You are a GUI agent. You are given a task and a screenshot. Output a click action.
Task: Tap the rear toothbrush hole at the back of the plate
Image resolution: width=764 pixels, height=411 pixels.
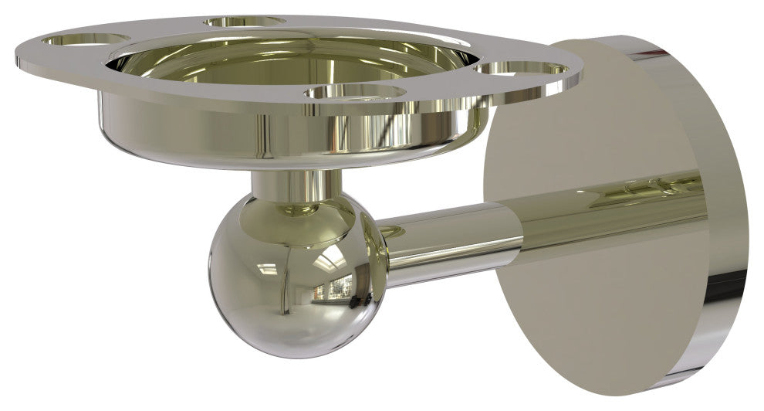(x=245, y=21)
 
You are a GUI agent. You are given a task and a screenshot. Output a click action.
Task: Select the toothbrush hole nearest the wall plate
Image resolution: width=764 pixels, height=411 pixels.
(x=522, y=70)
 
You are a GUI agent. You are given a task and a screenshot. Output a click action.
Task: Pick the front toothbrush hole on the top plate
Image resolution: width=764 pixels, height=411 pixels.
(x=355, y=92)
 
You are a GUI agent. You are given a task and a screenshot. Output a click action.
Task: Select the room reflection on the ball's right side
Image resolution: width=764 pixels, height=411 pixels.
(x=340, y=290)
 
